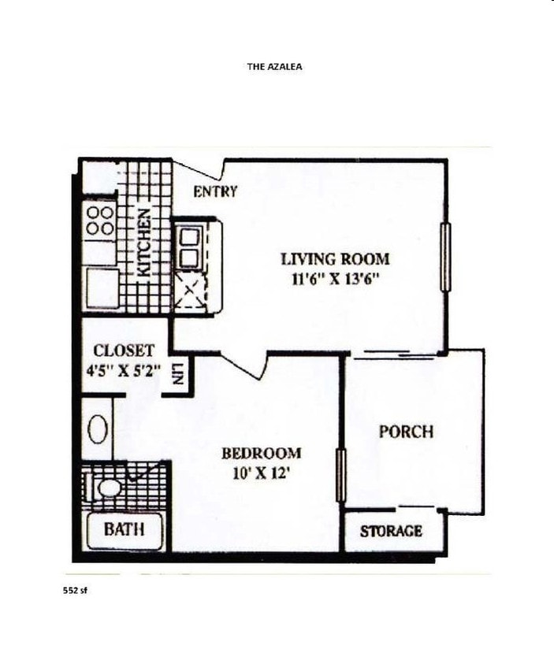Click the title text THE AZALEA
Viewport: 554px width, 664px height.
point(274,67)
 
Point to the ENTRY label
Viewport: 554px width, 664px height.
point(215,191)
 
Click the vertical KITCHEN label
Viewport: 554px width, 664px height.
point(145,242)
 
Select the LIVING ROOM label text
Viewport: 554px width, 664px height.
point(335,258)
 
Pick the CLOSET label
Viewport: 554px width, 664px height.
point(124,350)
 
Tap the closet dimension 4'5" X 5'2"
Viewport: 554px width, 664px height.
point(124,366)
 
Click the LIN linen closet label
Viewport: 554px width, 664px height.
point(179,373)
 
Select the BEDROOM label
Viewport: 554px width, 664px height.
point(261,453)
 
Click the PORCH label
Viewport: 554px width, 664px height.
point(406,432)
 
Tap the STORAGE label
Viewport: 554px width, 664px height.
point(391,531)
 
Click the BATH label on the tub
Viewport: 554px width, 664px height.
point(125,529)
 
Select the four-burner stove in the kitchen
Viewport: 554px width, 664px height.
point(100,221)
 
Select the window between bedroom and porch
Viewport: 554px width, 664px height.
point(341,475)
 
